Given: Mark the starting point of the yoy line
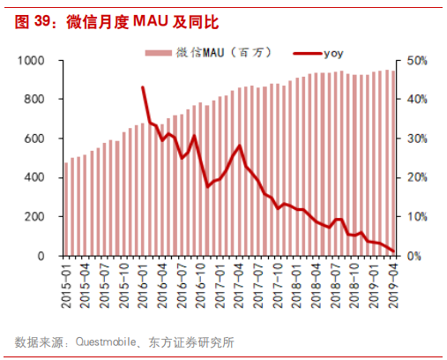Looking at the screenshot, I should coord(143,87).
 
